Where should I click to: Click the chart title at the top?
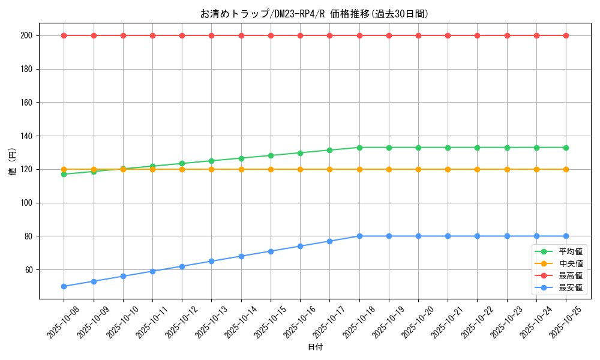coord(314,14)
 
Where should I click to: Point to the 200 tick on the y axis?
coord(28,35)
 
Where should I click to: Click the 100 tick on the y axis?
coord(28,203)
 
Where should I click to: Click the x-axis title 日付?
coord(315,347)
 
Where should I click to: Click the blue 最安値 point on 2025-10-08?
coord(64,286)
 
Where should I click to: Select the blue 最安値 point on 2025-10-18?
coord(359,236)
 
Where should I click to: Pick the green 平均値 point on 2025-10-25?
coord(566,148)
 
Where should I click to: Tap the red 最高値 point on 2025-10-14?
coord(241,35)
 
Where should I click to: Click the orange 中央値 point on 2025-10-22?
coord(478,169)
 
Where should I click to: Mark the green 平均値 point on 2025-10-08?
coord(64,174)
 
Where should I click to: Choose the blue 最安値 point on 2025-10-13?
coord(212,261)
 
